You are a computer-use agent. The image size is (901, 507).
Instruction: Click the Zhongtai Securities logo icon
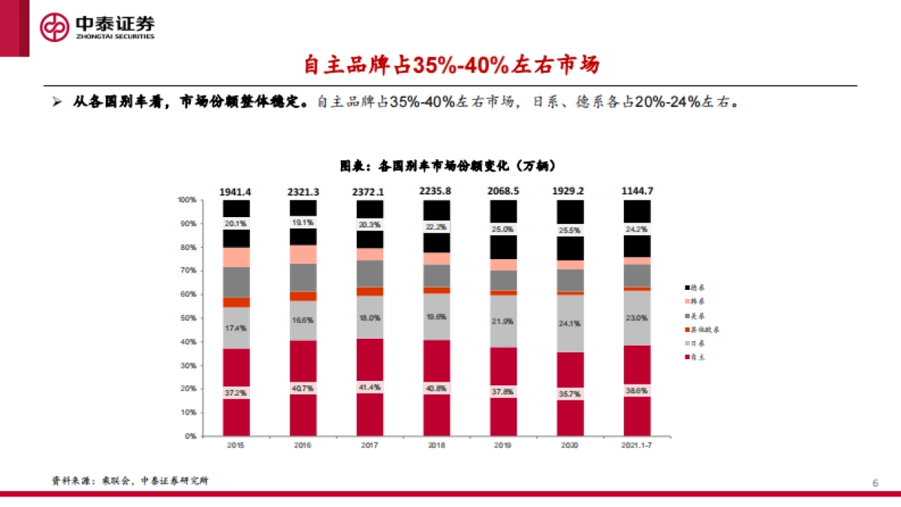(x=55, y=27)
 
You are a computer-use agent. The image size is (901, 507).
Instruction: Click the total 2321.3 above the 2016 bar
(x=303, y=192)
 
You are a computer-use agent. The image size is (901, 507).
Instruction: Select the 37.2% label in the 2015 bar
(x=237, y=393)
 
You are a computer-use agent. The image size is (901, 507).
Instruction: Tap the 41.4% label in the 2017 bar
(x=369, y=388)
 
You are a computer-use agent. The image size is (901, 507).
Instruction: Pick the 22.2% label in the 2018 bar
(x=436, y=227)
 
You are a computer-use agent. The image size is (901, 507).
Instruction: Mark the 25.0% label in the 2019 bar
(x=503, y=229)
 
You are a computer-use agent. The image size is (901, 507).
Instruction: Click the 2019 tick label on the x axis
(x=503, y=445)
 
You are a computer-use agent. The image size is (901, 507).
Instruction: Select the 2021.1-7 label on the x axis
(x=637, y=445)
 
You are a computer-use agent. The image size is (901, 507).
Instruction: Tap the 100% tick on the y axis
(x=186, y=200)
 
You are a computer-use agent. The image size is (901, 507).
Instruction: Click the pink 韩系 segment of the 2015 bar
(x=237, y=257)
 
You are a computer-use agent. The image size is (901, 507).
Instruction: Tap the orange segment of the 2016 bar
(x=303, y=296)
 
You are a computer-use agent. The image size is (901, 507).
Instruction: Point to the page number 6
(x=875, y=481)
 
